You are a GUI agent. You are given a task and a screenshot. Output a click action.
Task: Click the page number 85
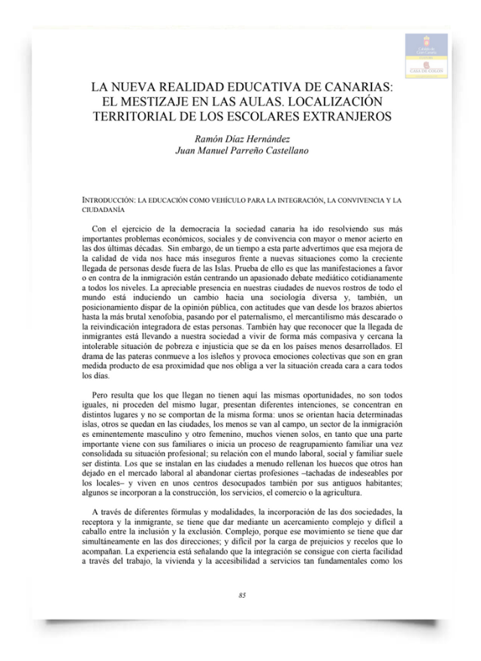(241, 596)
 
